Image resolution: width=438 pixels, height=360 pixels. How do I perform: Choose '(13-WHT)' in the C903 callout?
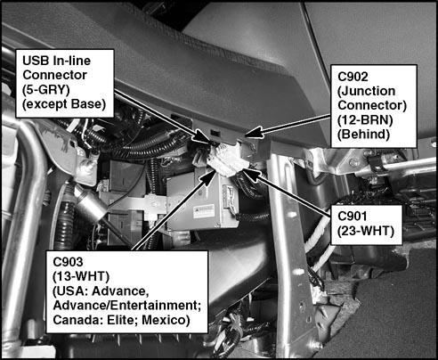coord(77,274)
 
